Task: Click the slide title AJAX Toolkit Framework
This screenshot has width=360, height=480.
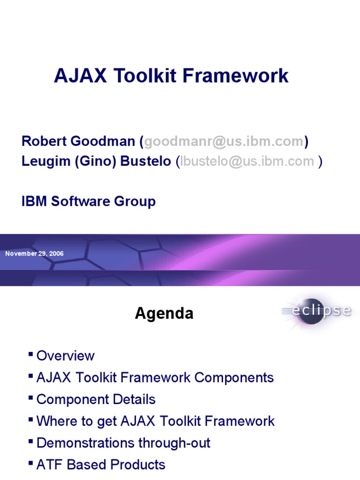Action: pos(171,75)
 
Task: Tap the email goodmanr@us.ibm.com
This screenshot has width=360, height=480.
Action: pos(224,142)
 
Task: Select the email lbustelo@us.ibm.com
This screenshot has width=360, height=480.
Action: pos(247,161)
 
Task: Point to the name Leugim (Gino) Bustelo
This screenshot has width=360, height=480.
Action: pos(96,161)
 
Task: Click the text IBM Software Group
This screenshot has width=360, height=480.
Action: pos(89,202)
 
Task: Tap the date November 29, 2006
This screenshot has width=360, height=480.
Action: pos(34,254)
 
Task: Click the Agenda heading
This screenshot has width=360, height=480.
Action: pos(164,314)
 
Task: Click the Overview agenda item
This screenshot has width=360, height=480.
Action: pos(65,356)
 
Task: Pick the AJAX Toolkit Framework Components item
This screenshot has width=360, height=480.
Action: pos(155,378)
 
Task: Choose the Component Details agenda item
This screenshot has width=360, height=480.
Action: pos(96,399)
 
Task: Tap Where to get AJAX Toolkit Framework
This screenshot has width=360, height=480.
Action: pos(155,421)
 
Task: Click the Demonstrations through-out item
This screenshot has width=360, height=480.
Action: pos(123,443)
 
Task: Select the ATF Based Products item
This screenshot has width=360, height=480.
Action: pos(100,465)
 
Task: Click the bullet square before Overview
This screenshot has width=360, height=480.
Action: pos(31,354)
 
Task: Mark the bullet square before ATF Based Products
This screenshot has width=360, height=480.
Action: pos(31,463)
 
